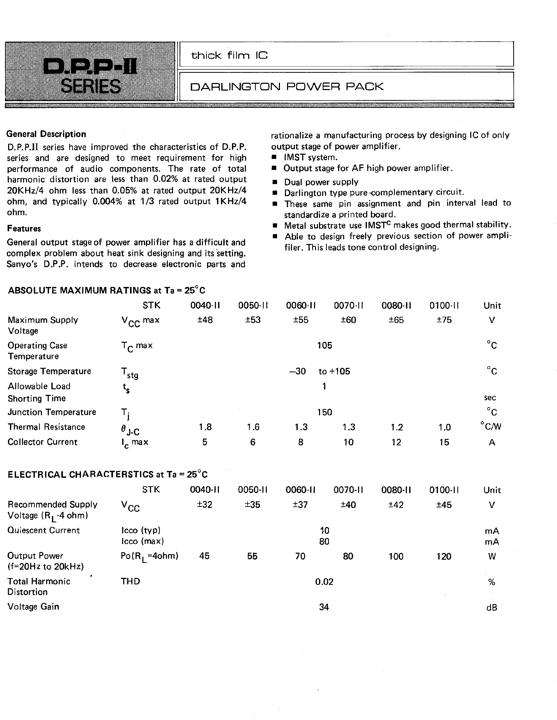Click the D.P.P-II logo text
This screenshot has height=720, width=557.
click(x=90, y=67)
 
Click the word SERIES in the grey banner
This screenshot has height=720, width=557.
click(x=90, y=86)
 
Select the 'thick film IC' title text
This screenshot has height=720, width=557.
click(x=229, y=56)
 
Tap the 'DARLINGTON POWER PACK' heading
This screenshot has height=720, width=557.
click(x=287, y=87)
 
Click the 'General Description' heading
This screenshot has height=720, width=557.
click(x=46, y=134)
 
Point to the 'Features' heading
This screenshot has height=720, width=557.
click(x=24, y=229)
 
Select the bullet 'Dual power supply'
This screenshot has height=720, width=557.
click(x=321, y=182)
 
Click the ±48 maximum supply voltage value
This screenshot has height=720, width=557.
click(x=205, y=320)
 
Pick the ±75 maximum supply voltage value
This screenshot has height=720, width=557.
click(x=444, y=320)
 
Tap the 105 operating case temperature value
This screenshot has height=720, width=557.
click(x=324, y=346)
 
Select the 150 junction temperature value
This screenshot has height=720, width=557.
click(x=324, y=412)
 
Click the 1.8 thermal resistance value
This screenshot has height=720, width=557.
click(x=205, y=427)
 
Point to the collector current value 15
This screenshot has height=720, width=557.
click(x=444, y=442)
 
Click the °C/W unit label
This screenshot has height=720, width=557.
click(x=491, y=427)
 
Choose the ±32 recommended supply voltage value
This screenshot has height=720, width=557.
click(x=205, y=505)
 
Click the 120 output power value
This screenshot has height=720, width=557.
click(x=444, y=556)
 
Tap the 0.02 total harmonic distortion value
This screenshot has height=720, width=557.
click(x=324, y=582)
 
